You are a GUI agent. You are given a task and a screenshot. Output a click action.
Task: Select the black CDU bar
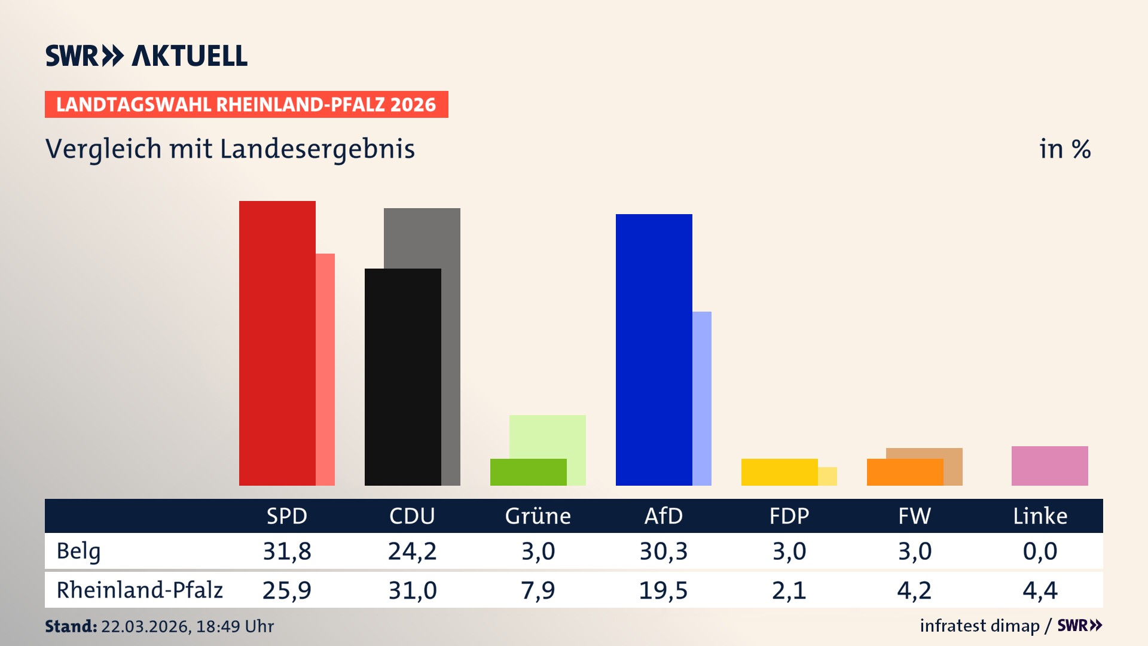coord(402,377)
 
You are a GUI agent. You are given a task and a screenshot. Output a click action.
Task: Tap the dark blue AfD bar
coord(654,349)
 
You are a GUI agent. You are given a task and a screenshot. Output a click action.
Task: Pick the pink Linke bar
coord(1049,465)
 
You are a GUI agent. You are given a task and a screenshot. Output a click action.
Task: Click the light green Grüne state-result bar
coord(547,436)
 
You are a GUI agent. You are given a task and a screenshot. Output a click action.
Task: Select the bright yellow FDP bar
coord(779,472)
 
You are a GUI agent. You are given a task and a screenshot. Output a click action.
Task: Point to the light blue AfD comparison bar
coord(702,398)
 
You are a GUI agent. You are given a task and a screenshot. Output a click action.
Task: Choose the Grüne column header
coord(538,516)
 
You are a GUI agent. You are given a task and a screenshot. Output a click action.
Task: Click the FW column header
coord(914,516)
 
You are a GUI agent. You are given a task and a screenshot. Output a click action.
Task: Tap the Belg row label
coord(78,551)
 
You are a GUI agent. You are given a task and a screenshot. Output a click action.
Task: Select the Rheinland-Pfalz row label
coord(139,590)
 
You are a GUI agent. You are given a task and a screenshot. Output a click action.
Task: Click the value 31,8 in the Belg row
coord(287,551)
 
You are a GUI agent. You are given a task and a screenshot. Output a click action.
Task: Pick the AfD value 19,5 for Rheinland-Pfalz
coord(663,590)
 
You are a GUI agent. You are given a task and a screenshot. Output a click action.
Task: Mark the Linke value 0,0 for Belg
coord(1040,551)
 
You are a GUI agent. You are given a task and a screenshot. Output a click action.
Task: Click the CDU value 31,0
coord(413,590)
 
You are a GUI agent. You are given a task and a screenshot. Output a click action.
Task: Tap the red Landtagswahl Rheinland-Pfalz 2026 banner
coord(246,105)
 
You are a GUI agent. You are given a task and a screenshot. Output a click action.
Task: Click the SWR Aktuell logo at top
coord(146,56)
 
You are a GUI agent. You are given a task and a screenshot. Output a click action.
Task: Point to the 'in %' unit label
coord(1064,149)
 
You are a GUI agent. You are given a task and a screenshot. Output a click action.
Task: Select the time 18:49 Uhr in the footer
coord(234,626)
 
